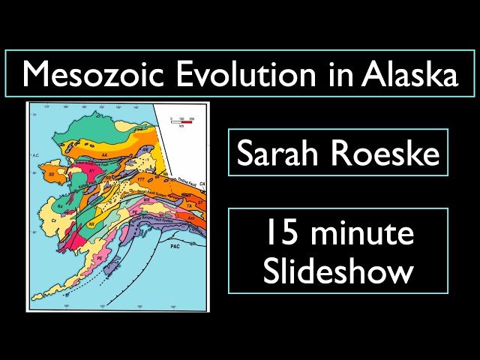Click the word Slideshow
(x=338, y=271)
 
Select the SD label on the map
(x=51, y=173)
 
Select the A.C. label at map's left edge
(x=35, y=155)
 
